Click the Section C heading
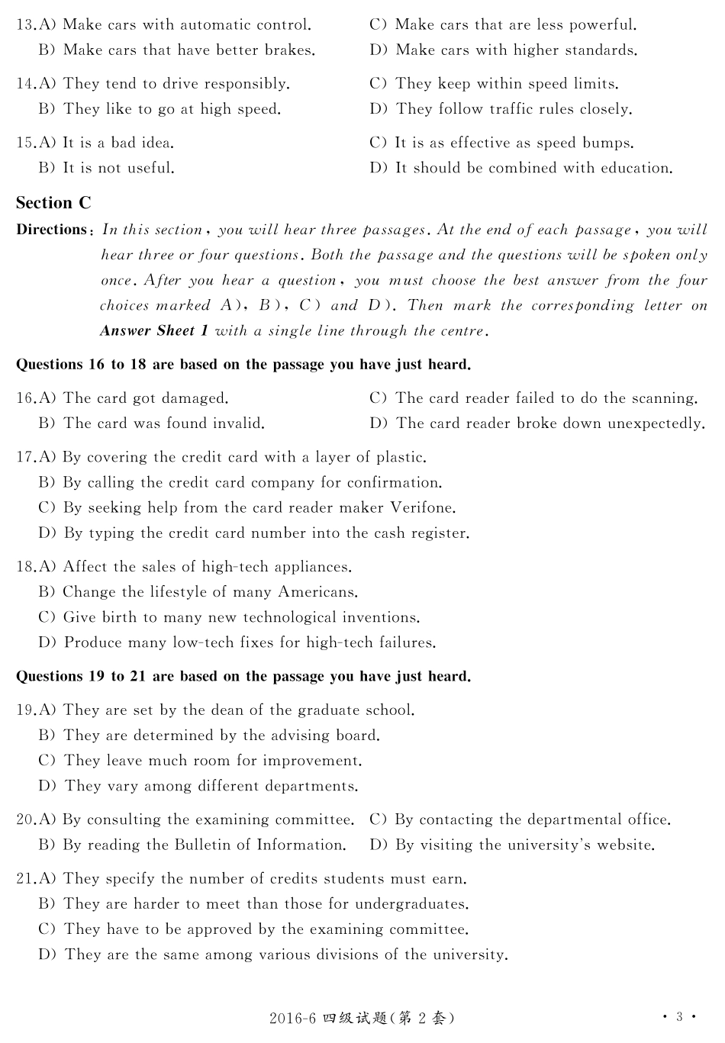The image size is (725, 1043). click(53, 203)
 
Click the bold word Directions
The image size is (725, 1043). click(52, 230)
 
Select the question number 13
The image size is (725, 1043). click(25, 25)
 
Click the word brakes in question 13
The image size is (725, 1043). click(289, 50)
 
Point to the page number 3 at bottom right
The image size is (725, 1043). click(678, 1017)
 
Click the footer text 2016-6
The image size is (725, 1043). click(292, 1019)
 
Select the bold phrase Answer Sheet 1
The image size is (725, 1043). click(153, 331)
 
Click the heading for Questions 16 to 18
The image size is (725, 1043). click(243, 365)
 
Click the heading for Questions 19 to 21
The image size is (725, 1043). click(243, 677)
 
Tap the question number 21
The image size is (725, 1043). click(25, 879)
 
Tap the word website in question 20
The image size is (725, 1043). click(625, 845)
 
